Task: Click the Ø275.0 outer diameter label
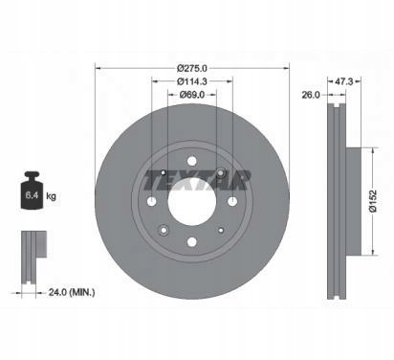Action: pos(192,68)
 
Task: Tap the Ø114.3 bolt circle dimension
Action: pos(192,81)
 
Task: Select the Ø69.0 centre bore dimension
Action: pos(192,95)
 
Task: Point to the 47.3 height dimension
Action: pos(343,81)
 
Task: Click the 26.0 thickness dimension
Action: pos(311,95)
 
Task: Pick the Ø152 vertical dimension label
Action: pos(373,201)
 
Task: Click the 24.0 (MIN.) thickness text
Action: pos(72,292)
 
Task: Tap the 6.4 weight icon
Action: pos(32,191)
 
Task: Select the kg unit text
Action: pos(51,195)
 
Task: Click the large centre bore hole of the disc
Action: pos(192,201)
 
